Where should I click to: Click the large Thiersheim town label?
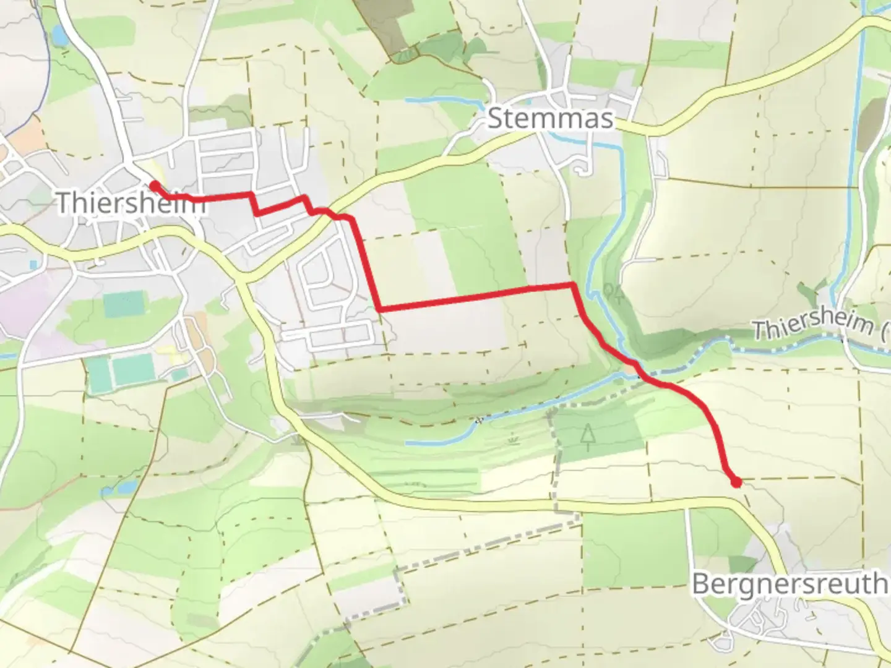tap(130, 202)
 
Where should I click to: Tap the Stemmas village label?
tap(550, 118)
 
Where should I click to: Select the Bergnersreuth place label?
tap(790, 583)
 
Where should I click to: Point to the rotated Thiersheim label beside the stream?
tap(820, 324)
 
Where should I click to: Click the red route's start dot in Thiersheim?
tap(153, 184)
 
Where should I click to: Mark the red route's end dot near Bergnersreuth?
tap(736, 482)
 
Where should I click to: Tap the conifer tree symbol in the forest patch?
tap(586, 435)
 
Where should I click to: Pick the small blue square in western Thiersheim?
tap(33, 265)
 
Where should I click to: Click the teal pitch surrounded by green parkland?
tap(122, 305)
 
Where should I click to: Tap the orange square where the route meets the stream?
tap(631, 369)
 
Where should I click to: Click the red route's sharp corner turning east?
tap(380, 307)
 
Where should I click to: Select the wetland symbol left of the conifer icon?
tap(512, 440)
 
